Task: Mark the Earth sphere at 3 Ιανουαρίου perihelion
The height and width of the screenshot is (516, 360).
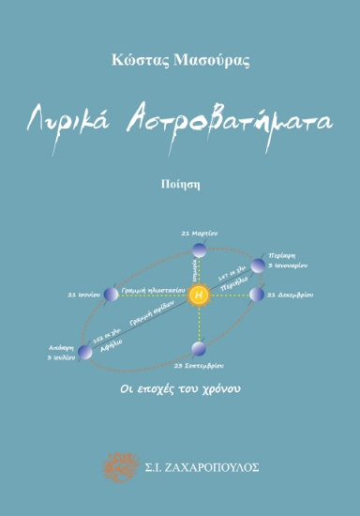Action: click(258, 265)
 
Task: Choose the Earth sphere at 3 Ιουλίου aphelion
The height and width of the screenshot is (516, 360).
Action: click(85, 352)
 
